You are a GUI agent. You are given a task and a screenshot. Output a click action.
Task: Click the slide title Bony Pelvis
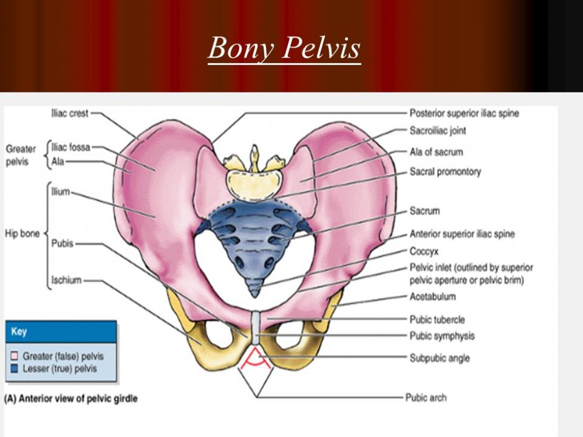click(x=285, y=48)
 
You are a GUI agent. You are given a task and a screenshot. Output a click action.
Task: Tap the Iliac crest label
click(x=70, y=113)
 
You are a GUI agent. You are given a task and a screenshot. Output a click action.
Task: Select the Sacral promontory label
click(x=445, y=172)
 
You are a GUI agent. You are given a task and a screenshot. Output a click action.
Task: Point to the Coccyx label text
click(x=424, y=252)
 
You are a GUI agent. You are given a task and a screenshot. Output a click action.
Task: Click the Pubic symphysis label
click(x=442, y=336)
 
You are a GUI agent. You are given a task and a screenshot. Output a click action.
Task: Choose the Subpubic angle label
click(x=440, y=358)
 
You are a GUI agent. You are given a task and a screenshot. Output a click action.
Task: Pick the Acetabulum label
click(x=432, y=296)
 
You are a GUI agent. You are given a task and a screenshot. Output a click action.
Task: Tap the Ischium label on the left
click(x=66, y=280)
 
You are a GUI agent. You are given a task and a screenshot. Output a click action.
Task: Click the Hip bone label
click(x=22, y=234)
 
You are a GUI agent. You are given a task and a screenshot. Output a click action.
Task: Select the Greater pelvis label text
click(x=20, y=156)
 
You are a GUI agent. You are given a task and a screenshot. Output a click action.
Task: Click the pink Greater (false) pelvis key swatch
click(x=14, y=356)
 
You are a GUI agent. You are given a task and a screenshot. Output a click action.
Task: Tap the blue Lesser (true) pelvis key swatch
click(x=14, y=369)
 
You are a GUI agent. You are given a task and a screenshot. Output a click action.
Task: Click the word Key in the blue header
click(x=19, y=331)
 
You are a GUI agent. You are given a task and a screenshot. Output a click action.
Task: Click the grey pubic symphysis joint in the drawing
click(x=256, y=328)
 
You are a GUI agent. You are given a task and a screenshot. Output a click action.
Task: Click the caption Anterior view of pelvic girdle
click(x=71, y=399)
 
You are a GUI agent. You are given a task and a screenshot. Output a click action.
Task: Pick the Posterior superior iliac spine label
click(x=464, y=113)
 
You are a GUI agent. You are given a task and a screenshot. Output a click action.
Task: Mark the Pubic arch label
click(x=425, y=397)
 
